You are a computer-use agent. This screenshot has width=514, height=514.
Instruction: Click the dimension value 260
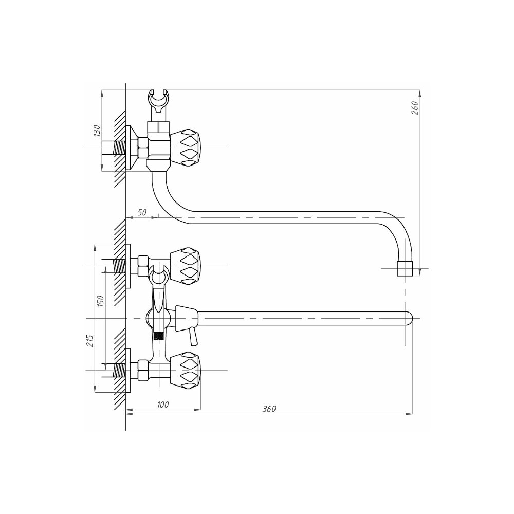[415, 107]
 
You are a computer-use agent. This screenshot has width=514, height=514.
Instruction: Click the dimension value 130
[97, 131]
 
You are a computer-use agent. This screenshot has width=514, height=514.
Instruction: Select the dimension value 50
[142, 212]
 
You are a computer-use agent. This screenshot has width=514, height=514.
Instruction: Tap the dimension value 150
[100, 301]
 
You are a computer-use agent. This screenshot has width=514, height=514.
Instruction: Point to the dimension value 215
[90, 341]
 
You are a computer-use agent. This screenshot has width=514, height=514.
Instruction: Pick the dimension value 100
[162, 405]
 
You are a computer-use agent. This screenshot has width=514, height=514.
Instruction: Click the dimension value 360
[269, 409]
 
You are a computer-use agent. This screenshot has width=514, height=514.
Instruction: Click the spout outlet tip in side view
[405, 268]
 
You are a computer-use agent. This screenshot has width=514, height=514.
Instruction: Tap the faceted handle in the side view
[186, 148]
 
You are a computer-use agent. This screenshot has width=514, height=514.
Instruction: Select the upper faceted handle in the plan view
[186, 266]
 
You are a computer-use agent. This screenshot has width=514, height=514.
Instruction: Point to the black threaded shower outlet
[159, 337]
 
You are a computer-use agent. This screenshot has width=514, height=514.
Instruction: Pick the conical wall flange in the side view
[132, 148]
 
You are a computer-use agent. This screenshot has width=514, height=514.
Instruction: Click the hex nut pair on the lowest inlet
[143, 370]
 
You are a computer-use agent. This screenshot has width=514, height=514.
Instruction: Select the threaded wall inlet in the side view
[120, 148]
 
